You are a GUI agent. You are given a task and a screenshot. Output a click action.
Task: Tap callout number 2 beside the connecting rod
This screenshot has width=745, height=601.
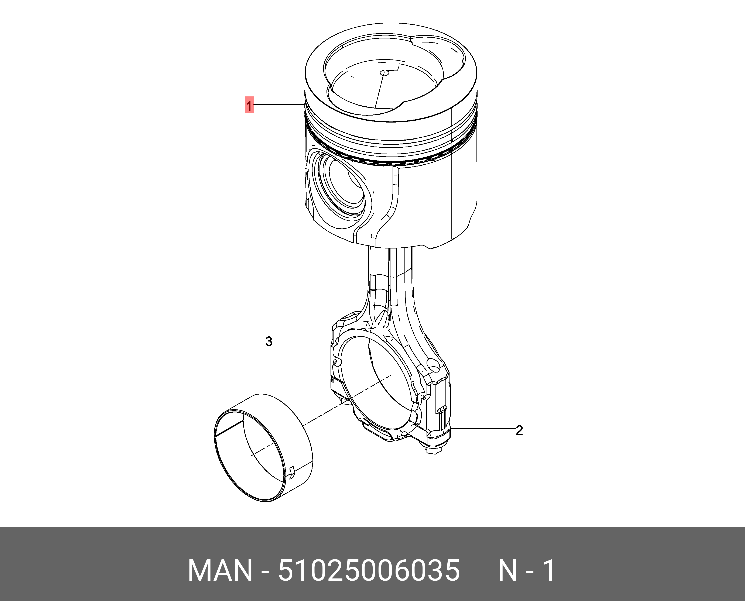[x=519, y=430]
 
